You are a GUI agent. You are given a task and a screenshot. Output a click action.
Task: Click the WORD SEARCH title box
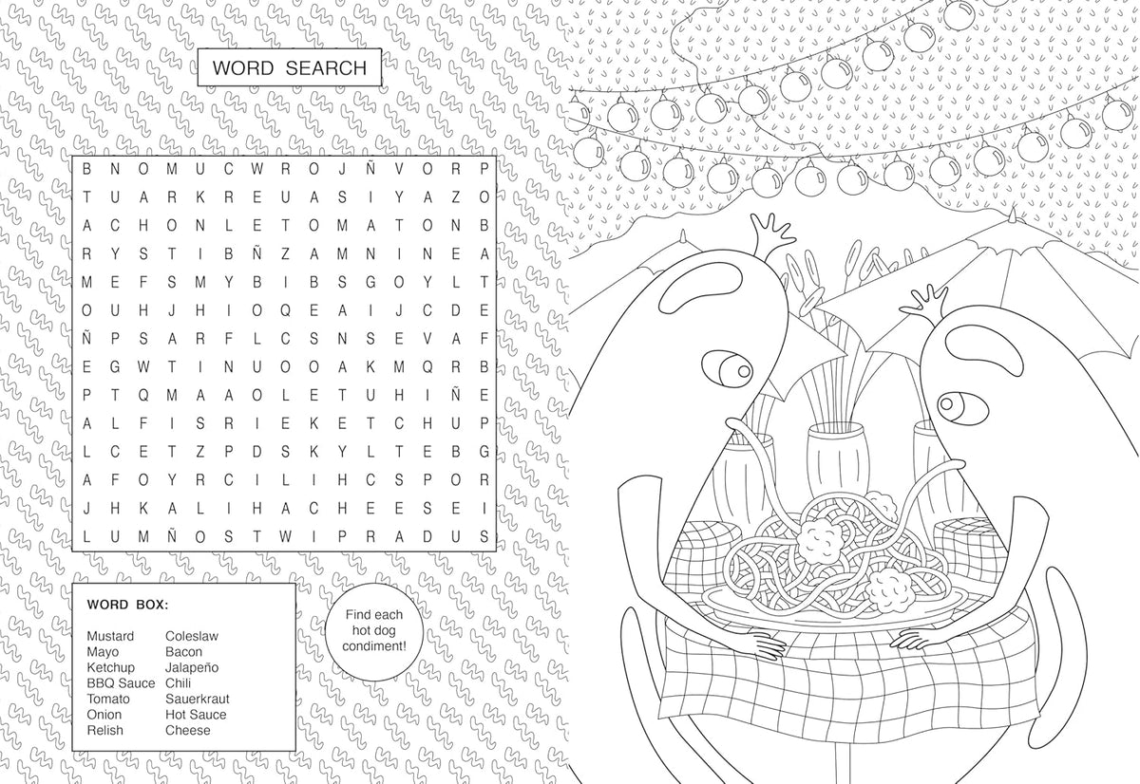click(x=289, y=68)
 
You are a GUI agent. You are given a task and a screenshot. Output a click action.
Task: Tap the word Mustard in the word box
click(x=110, y=636)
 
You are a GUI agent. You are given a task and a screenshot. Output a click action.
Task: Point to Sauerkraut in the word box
click(x=197, y=699)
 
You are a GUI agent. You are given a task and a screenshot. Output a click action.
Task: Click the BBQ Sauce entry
click(x=121, y=683)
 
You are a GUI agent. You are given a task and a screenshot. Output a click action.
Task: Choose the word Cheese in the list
click(x=188, y=730)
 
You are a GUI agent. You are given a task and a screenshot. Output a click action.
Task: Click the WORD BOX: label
click(x=127, y=604)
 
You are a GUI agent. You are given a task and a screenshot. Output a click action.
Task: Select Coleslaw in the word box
click(x=192, y=636)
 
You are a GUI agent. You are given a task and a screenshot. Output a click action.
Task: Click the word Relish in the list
click(x=104, y=730)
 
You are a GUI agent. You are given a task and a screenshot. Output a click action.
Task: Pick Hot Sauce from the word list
click(x=196, y=715)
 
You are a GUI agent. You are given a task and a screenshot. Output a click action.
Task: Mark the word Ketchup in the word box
click(x=110, y=667)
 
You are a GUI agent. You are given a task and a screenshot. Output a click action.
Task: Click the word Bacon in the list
click(x=183, y=652)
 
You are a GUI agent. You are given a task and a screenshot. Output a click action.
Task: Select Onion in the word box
click(x=104, y=715)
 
